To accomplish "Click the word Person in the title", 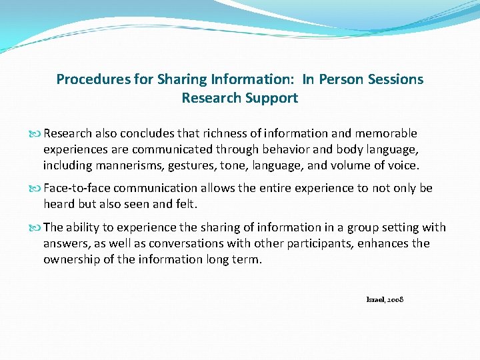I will (x=340, y=79).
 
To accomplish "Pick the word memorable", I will (x=381, y=133).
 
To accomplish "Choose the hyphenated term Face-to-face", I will (x=77, y=188).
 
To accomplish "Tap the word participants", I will (x=317, y=243).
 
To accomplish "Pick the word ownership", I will (x=72, y=259).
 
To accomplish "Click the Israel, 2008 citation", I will (x=385, y=300).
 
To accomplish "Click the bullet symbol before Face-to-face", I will (x=36, y=189).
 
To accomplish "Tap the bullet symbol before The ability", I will (x=36, y=228).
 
